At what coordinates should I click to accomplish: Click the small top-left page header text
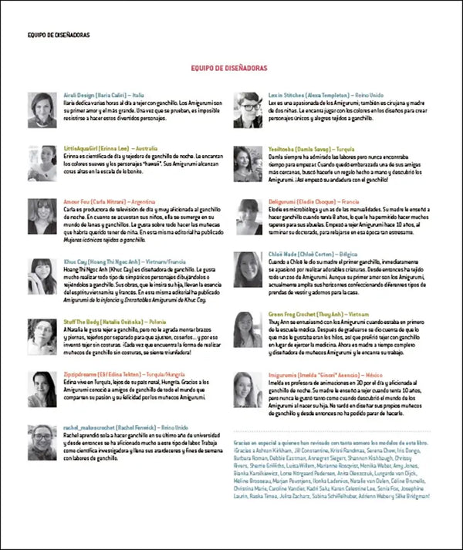click(58, 34)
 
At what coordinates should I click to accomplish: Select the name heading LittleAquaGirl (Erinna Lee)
click(110, 147)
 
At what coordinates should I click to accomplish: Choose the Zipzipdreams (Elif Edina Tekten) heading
click(119, 373)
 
